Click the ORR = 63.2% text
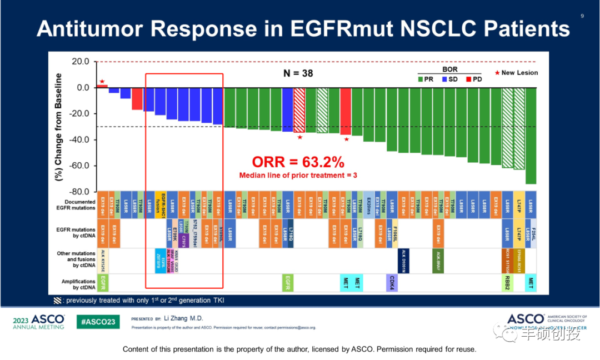tap(298, 162)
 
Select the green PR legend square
tap(421, 79)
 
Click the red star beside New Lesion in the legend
tap(497, 73)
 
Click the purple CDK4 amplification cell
tap(392, 283)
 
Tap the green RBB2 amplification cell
tap(507, 283)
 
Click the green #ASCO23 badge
tap(97, 322)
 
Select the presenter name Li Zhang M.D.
tap(183, 318)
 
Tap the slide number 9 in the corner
tap(582, 16)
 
